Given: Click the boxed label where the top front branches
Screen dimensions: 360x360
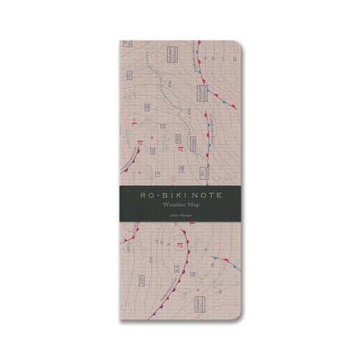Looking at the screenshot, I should tap(201, 93).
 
